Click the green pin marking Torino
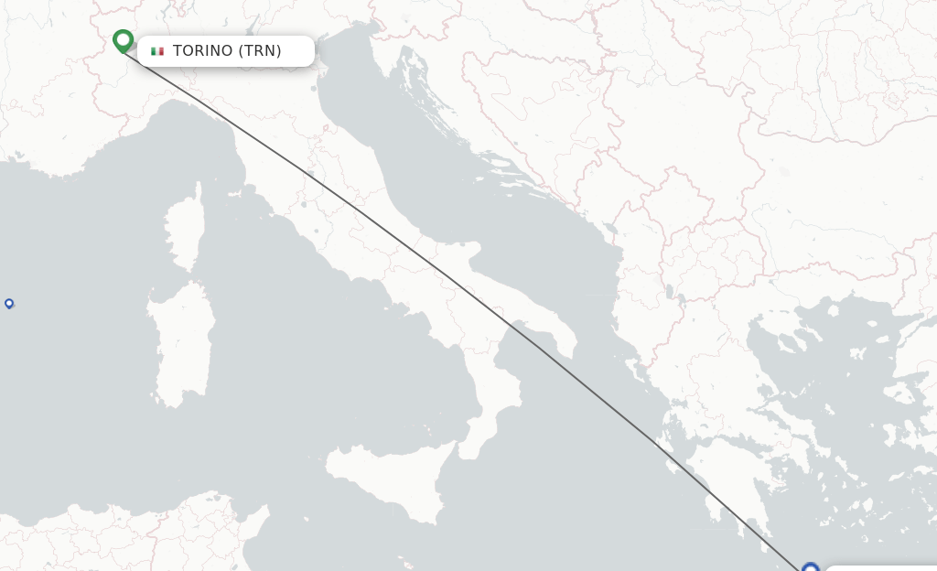click(123, 41)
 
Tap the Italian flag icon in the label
click(157, 51)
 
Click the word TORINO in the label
click(202, 51)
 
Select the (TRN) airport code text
click(260, 51)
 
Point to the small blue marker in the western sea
click(9, 303)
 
